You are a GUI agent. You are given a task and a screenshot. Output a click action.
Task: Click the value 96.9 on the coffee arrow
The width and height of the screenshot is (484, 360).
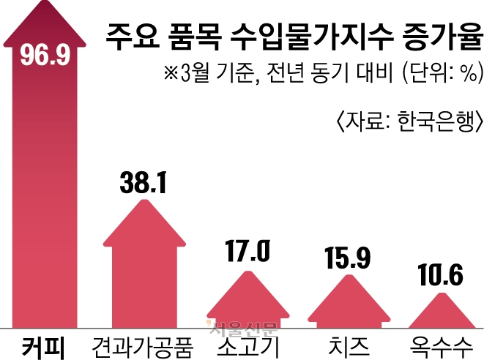pos(45,56)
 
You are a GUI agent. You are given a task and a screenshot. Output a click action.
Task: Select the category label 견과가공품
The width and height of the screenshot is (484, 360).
pos(143,345)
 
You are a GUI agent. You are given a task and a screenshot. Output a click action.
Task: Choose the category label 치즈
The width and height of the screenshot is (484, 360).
pos(346,345)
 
